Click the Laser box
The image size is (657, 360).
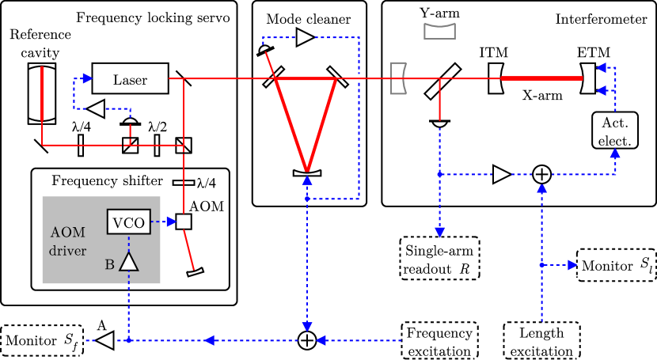(130, 79)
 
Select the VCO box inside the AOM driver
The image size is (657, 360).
(128, 222)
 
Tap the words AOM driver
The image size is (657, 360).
(67, 242)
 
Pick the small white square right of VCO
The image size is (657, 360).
(184, 222)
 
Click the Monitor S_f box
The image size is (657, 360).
(42, 341)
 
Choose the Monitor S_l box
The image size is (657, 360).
(617, 265)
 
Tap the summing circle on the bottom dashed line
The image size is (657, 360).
(307, 340)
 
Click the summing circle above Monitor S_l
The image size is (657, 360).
(541, 174)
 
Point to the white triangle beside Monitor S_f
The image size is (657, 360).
(104, 341)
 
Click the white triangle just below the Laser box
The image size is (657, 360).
(96, 108)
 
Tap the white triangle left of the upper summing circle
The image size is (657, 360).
(501, 174)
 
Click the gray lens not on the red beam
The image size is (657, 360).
(440, 31)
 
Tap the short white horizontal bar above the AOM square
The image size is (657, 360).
(184, 183)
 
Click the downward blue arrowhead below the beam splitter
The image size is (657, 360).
(439, 232)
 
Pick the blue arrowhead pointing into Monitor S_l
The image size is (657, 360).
(572, 265)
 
